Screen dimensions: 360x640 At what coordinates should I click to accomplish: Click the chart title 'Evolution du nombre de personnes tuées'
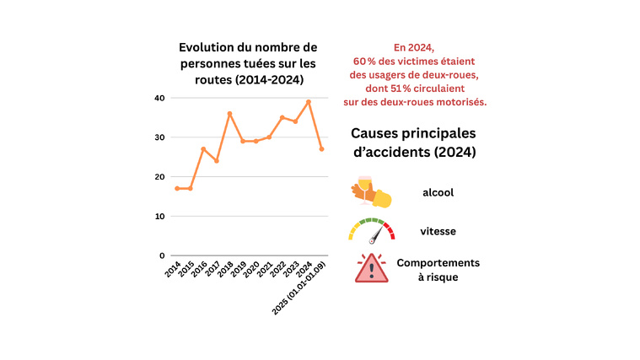tap(243, 62)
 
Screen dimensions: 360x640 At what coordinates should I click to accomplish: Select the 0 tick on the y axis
tap(161, 255)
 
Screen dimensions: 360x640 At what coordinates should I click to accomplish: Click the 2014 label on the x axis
tap(173, 271)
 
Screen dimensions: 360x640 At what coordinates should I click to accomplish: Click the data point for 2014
tap(177, 188)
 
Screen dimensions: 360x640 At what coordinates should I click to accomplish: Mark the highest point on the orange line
tap(309, 102)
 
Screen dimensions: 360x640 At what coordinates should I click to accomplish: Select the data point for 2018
tap(229, 114)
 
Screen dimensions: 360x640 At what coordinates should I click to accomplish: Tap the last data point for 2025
tap(321, 149)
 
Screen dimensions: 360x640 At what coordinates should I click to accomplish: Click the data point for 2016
tap(203, 149)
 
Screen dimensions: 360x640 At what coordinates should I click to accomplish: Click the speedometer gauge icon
tap(371, 230)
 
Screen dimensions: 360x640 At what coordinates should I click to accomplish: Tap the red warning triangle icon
tap(371, 268)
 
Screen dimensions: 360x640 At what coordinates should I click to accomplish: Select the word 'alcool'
tap(438, 192)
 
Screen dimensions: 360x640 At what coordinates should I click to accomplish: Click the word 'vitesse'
tap(438, 230)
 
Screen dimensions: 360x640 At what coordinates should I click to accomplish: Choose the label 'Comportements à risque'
tap(438, 270)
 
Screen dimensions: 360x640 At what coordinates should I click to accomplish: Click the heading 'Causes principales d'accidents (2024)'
tap(413, 143)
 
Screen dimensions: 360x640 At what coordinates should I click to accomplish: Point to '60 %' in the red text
tap(365, 62)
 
